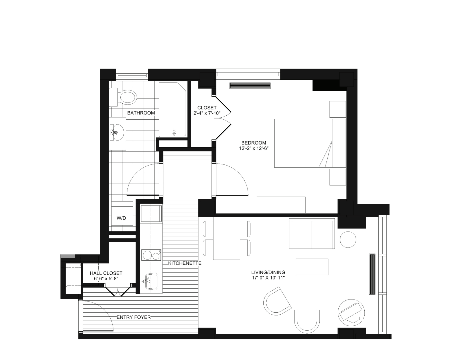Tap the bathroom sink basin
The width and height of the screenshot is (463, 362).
[117, 133]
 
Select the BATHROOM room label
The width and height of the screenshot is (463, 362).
[141, 113]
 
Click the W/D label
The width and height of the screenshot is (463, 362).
[121, 218]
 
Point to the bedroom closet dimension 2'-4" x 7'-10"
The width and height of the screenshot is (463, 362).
[207, 113]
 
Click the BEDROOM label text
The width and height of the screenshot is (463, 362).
[254, 143]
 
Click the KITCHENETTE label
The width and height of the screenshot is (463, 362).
[185, 263]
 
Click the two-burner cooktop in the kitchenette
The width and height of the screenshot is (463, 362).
[151, 255]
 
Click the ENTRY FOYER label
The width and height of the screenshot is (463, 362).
[133, 317]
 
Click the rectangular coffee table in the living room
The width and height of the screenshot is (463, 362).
[312, 267]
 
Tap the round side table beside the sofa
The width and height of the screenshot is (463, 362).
[348, 239]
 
